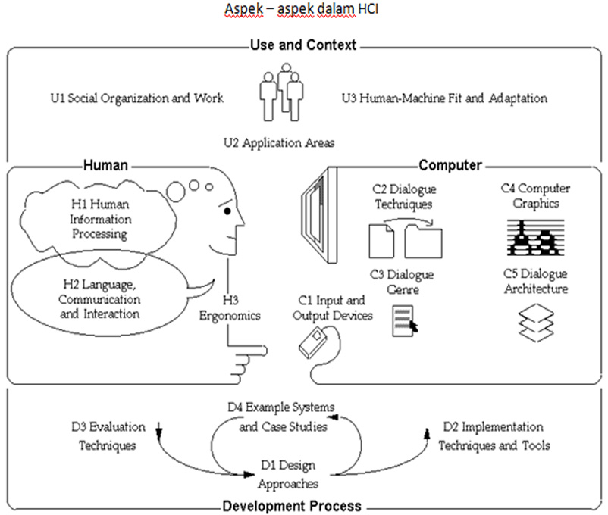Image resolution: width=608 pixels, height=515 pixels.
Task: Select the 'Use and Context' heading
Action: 302,45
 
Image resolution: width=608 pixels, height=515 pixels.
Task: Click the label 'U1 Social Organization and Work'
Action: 134,98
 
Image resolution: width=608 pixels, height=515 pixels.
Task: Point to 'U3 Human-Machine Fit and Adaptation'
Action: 444,98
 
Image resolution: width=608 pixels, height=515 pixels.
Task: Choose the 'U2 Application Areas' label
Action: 279,142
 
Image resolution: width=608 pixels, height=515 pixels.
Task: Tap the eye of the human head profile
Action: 227,211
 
